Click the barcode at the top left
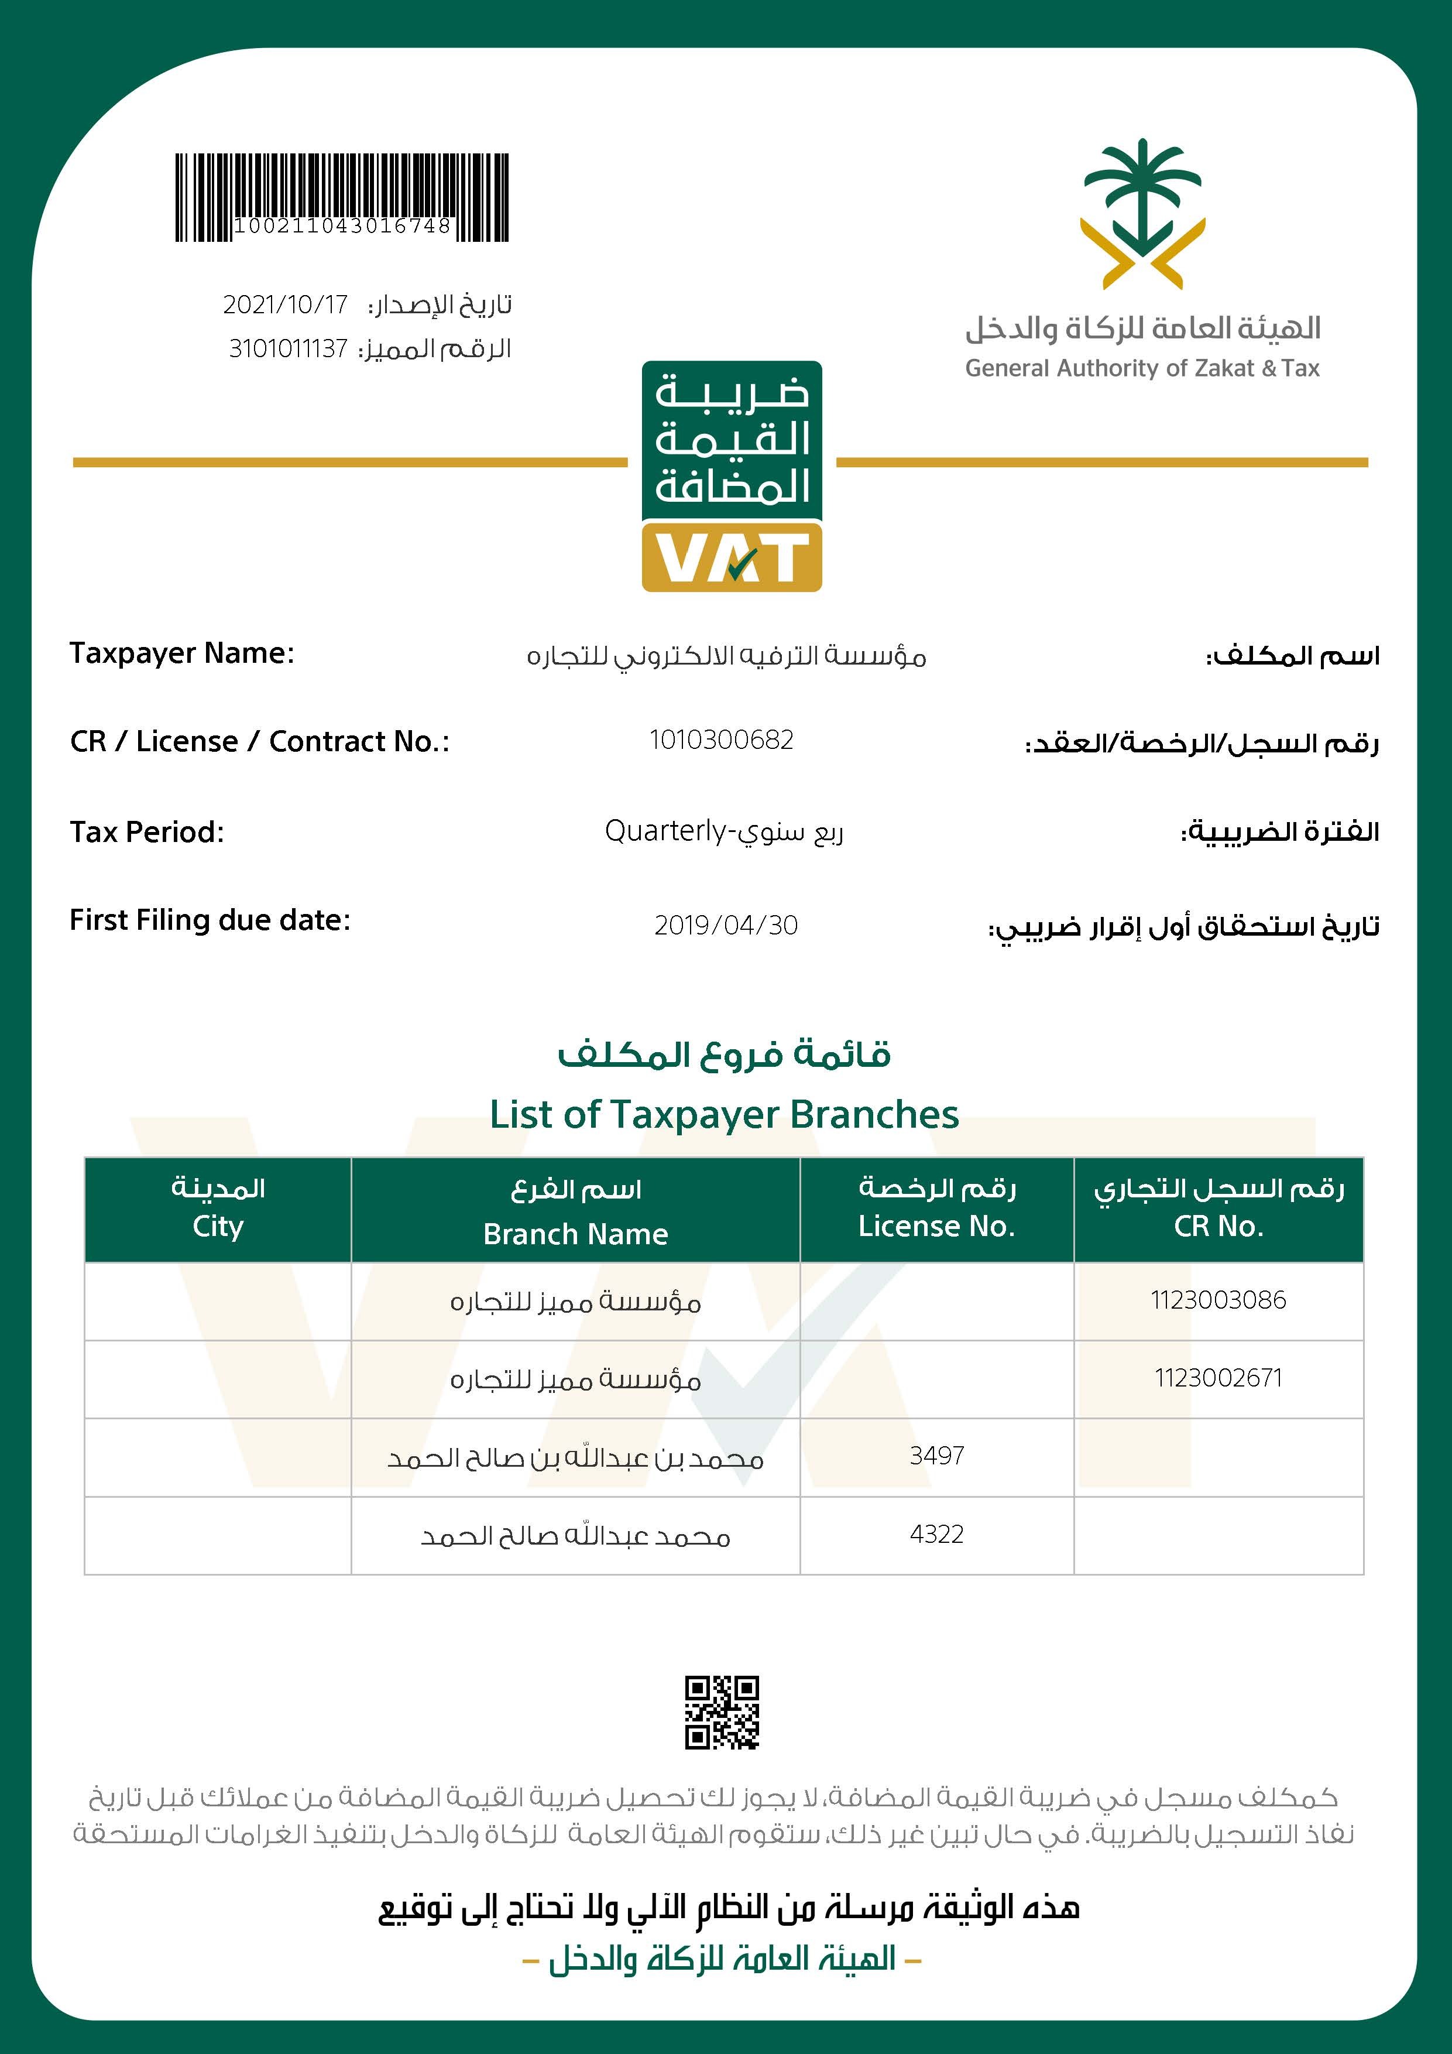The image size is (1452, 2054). click(342, 197)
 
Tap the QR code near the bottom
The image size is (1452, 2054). click(722, 1711)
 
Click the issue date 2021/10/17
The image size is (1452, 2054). click(285, 305)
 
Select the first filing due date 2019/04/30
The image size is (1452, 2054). click(726, 925)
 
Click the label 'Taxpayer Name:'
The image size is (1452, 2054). click(181, 653)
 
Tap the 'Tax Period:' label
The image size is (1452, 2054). click(147, 832)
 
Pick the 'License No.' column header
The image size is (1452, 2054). click(936, 1225)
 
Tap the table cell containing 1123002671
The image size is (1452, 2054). click(1218, 1378)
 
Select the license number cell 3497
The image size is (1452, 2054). click(936, 1456)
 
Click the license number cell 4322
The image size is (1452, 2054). click(936, 1534)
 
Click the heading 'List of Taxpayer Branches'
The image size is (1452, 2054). click(724, 1115)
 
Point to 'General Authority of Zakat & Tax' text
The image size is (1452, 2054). click(1142, 368)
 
